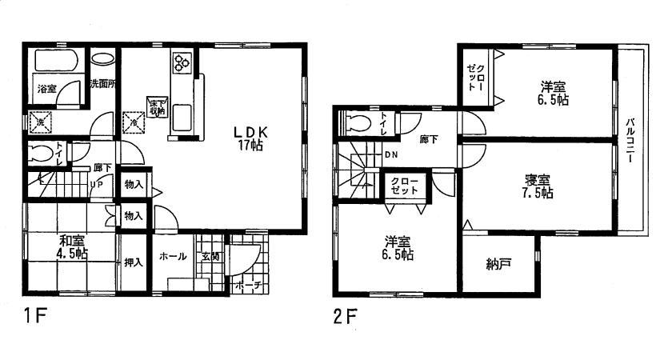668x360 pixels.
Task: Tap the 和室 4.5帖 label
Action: (x=72, y=246)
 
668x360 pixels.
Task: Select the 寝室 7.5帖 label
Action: (x=533, y=186)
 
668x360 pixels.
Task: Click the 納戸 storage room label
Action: (x=498, y=263)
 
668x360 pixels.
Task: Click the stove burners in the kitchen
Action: (x=181, y=62)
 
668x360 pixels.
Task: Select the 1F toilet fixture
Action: (x=39, y=152)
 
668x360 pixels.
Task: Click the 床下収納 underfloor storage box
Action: (x=156, y=106)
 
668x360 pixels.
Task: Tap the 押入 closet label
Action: (x=133, y=261)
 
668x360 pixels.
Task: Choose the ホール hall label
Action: (x=174, y=257)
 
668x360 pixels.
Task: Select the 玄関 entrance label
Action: (x=211, y=257)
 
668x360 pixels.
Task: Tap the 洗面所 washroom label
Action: (x=102, y=82)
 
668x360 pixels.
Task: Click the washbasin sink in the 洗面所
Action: (x=102, y=59)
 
